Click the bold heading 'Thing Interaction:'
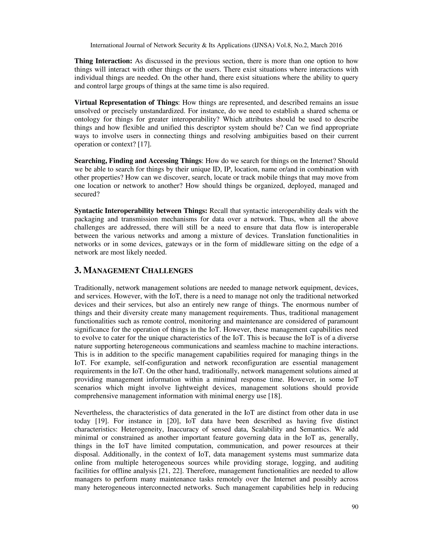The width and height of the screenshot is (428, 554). coord(103,61)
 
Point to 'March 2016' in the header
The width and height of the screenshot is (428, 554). coord(326,45)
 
